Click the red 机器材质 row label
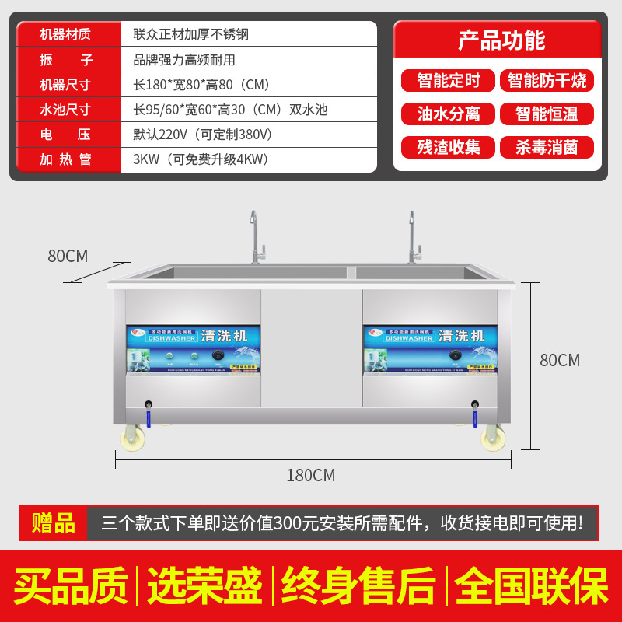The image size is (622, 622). [x=65, y=34]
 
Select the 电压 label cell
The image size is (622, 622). [x=65, y=135]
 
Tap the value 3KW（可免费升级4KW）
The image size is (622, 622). [x=201, y=159]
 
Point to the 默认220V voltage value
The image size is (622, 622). [x=203, y=135]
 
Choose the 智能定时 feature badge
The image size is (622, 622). [x=448, y=80]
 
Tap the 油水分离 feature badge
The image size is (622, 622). [x=448, y=114]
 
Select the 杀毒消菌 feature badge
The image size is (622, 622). [x=547, y=147]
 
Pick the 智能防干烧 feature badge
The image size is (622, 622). [x=547, y=80]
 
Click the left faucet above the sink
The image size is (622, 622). [x=256, y=237]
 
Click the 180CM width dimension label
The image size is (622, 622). [x=310, y=475]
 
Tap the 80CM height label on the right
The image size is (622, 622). [x=560, y=360]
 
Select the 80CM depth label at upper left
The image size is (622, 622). [x=68, y=256]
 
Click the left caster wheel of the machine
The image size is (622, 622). [x=132, y=439]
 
